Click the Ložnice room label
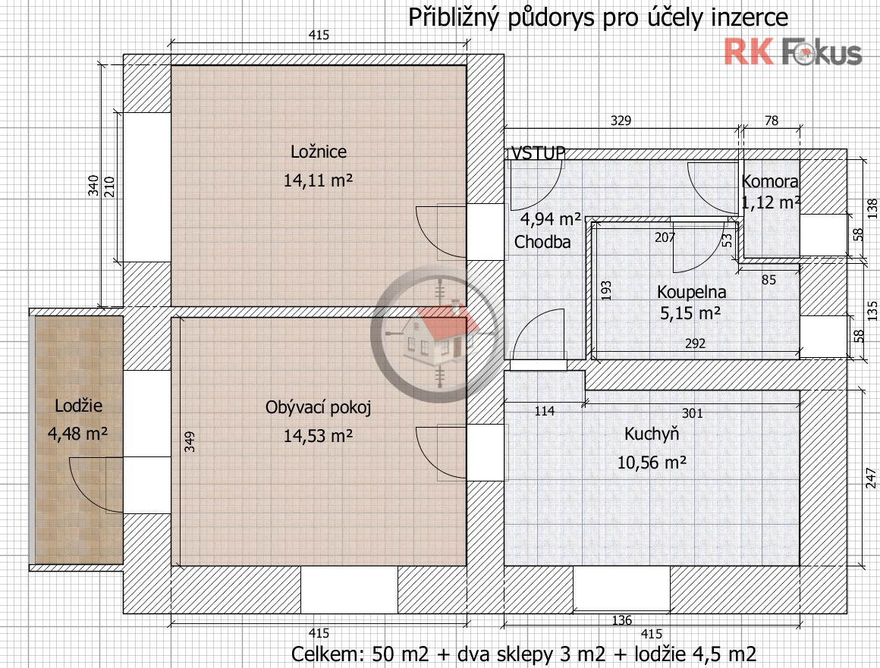tap(319, 152)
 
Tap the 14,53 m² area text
tap(319, 436)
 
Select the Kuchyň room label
tap(651, 434)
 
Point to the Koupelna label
tap(691, 292)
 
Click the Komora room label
tap(769, 182)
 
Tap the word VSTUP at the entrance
tap(538, 154)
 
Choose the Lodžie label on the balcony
tap(78, 406)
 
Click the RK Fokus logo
tap(793, 52)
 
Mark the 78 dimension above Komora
tap(772, 121)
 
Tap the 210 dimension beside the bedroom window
tap(108, 187)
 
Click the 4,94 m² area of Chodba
tap(550, 220)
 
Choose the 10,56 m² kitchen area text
tap(651, 462)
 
